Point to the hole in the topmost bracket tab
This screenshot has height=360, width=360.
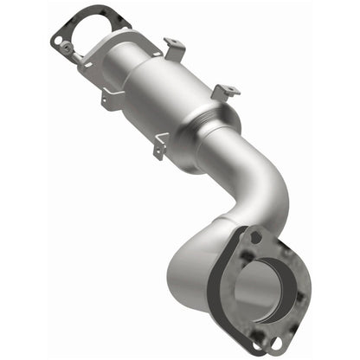pyautogui.click(x=171, y=41)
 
